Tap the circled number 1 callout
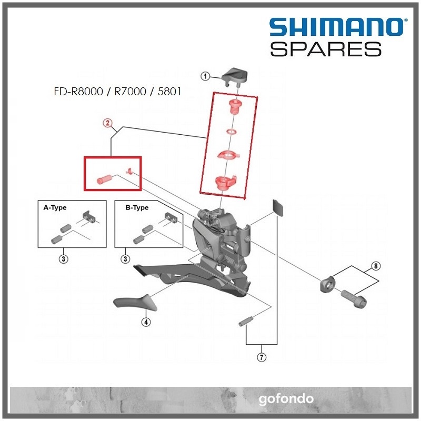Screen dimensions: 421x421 [x=206, y=77]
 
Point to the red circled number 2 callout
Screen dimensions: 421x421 [x=106, y=124]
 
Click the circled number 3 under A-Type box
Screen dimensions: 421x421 [x=63, y=258]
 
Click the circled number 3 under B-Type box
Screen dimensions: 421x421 [x=126, y=258]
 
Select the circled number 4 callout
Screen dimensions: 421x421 [x=146, y=322]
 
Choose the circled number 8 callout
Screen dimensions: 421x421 [x=375, y=265]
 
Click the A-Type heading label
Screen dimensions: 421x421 [x=55, y=208]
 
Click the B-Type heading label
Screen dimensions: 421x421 [x=137, y=208]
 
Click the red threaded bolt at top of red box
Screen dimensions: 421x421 [x=232, y=109]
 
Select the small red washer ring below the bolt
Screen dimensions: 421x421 [x=230, y=131]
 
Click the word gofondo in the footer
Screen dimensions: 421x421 [x=286, y=398]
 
